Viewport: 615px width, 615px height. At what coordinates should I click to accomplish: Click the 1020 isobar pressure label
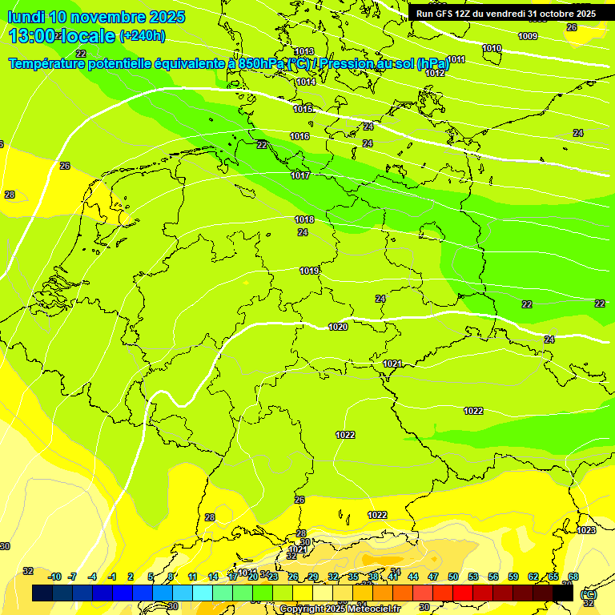click(338, 327)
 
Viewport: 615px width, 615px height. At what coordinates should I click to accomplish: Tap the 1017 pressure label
click(301, 175)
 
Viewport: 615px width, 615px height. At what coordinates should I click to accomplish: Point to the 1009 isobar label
click(528, 36)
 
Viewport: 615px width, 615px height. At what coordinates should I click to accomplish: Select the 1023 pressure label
click(586, 530)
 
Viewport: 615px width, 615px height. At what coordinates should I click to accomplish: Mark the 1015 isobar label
click(303, 109)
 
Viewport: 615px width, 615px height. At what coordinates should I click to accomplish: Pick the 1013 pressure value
click(304, 52)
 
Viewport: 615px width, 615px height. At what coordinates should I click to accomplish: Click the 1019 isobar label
click(310, 271)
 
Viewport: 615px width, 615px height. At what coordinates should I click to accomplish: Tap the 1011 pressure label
click(456, 59)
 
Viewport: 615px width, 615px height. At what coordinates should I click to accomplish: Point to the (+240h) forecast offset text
click(143, 36)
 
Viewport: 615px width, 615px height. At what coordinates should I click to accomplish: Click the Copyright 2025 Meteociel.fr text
click(340, 609)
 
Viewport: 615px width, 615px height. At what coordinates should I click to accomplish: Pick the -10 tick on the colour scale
click(54, 577)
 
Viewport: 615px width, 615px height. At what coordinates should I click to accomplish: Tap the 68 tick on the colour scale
click(573, 577)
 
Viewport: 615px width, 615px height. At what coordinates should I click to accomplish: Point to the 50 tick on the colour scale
click(453, 577)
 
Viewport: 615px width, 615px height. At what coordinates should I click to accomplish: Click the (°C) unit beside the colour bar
click(588, 594)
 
